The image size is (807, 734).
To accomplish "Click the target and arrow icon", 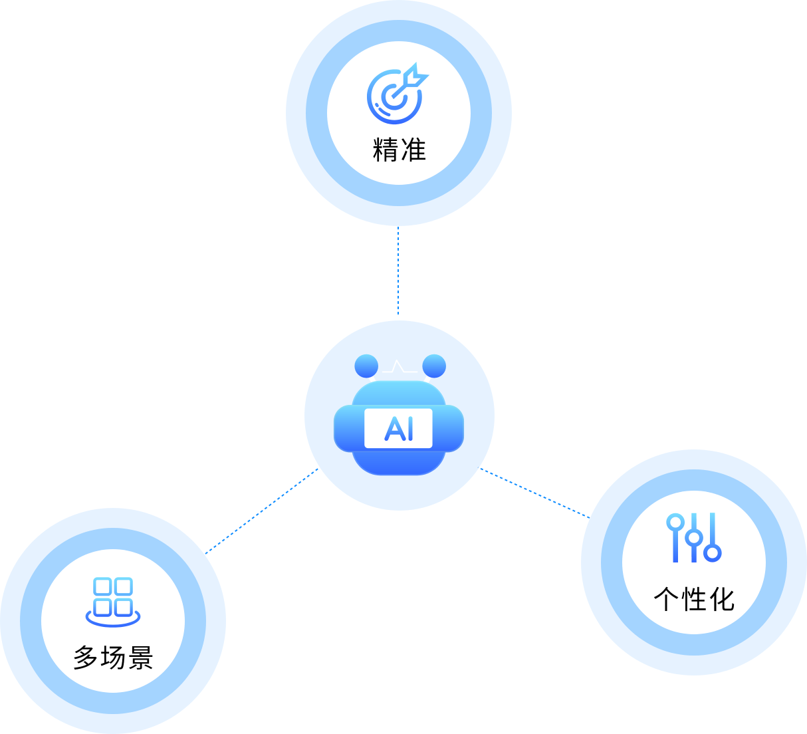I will (x=397, y=94).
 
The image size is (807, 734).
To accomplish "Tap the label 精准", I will (x=399, y=150).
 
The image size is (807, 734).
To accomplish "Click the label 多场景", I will (x=113, y=658).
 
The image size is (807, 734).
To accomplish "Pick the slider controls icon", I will (x=693, y=538).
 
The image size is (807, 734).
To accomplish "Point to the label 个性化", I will (x=694, y=599).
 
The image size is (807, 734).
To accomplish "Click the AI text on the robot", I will (x=399, y=429).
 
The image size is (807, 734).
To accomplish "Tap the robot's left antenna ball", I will (x=366, y=365).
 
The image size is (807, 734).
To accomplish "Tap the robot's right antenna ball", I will (x=434, y=365).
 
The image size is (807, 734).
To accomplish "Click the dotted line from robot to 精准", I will (x=398, y=273).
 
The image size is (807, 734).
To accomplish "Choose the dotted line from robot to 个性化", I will (x=534, y=493).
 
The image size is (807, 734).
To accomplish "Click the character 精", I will (x=386, y=150).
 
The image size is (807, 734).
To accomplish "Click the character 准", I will (x=413, y=150).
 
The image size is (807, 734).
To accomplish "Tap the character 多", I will (x=86, y=658).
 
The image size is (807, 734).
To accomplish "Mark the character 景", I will (x=140, y=658).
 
